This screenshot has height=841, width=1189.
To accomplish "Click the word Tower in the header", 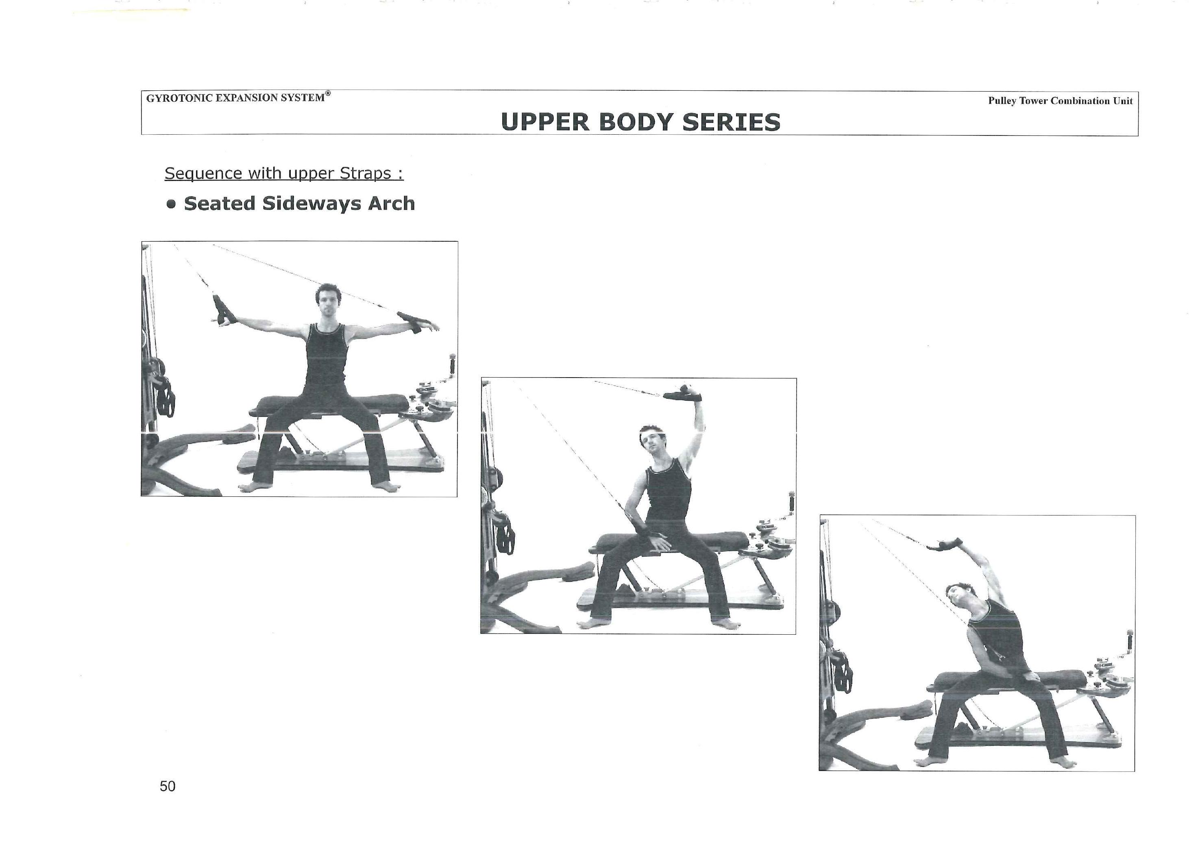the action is coord(1034,100).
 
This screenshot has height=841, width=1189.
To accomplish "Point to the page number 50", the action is coord(167,786).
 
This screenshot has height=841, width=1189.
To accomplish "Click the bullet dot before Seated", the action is coord(172,204).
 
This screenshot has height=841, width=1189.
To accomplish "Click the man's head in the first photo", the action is coord(327,299).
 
